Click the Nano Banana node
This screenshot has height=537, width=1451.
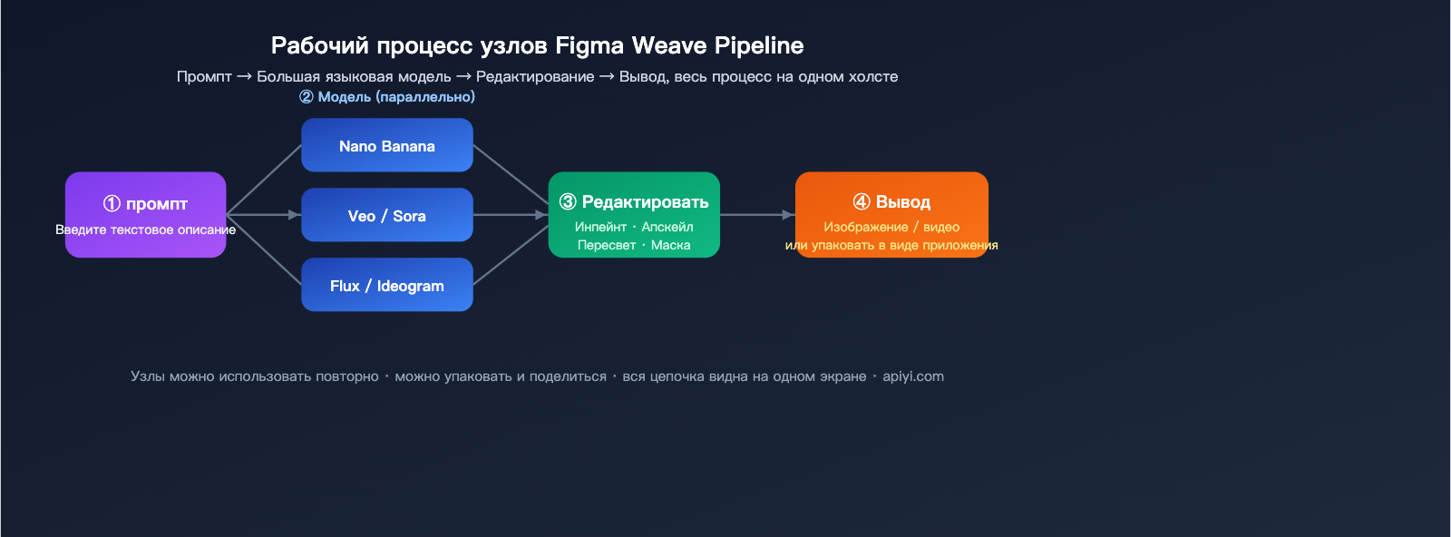point(386,145)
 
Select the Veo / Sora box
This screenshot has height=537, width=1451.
point(386,215)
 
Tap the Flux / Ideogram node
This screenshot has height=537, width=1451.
point(386,285)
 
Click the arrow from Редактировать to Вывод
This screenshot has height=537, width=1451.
point(757,215)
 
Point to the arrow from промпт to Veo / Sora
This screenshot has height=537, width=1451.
point(263,215)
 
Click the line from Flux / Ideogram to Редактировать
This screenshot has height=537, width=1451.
point(511,256)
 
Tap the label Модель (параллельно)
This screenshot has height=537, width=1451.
point(395,97)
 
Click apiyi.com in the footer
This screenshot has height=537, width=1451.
point(913,376)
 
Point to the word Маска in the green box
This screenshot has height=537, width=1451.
point(670,245)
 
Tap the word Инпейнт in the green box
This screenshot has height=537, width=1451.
point(600,227)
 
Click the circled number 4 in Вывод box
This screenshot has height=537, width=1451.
point(862,202)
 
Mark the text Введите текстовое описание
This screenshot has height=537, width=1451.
point(145,229)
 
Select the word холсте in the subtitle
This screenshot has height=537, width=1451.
point(872,77)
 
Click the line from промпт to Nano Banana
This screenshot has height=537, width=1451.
point(264,180)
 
